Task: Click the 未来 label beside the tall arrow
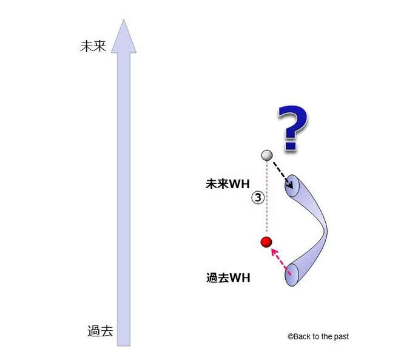(93, 46)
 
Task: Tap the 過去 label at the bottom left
(100, 331)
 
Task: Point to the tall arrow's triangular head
(123, 35)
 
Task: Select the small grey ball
(266, 155)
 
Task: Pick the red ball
(265, 242)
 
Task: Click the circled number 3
(257, 198)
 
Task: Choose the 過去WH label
(229, 279)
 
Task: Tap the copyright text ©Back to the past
(318, 336)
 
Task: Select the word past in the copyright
(340, 336)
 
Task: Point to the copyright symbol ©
(290, 336)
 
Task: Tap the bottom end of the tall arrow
(123, 342)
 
